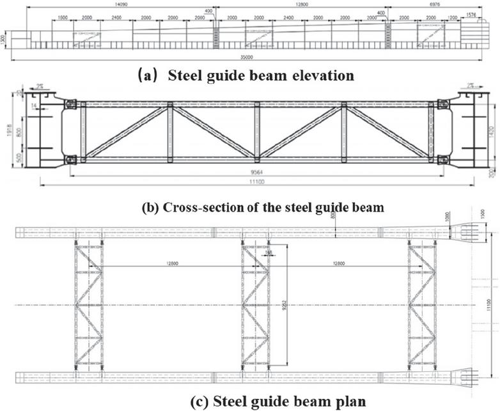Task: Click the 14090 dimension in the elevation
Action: [115, 3]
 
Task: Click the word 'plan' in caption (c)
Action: [350, 401]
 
